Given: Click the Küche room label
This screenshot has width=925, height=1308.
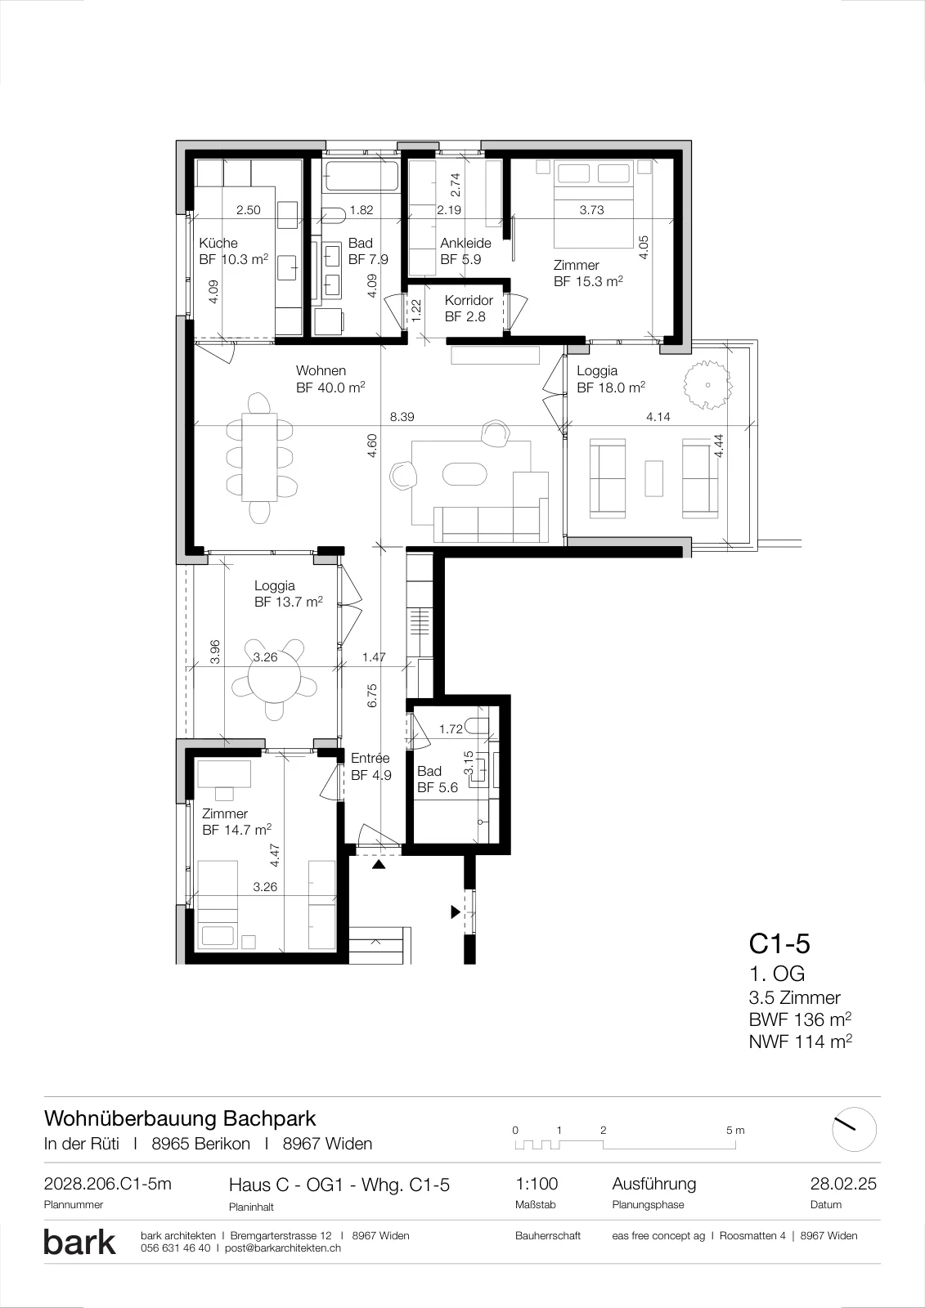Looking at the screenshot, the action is pos(218,243).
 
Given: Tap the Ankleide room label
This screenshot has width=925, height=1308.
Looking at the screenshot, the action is pos(465,243).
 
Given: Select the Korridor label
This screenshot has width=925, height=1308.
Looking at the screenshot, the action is pos(469,300).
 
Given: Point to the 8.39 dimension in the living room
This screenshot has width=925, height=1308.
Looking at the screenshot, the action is pos(402,417).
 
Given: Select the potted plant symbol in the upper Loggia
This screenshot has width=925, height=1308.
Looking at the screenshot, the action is pos(708,385).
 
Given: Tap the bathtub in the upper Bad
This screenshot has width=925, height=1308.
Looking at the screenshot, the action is pos(361,175).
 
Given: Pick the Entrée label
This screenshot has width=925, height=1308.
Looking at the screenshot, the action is pos(370,758).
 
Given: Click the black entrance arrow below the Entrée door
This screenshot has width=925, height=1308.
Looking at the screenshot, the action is pos(379,865).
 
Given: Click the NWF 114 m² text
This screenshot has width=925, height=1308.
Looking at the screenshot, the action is pos(800,1041).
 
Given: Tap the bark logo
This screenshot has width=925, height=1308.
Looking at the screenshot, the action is pos(79,1242).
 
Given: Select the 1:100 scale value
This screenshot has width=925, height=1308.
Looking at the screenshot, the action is pos(537,1184).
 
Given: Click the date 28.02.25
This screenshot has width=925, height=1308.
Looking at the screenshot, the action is pos(843,1184).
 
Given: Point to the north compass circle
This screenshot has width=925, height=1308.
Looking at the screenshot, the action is pos(855,1129).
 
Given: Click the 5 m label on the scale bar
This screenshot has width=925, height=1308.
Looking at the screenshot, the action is pos(736,1130).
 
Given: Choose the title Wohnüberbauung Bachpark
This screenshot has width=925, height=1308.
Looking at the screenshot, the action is pos(180,1119).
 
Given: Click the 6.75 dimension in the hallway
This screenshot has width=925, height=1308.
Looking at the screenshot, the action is pos(372,696).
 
